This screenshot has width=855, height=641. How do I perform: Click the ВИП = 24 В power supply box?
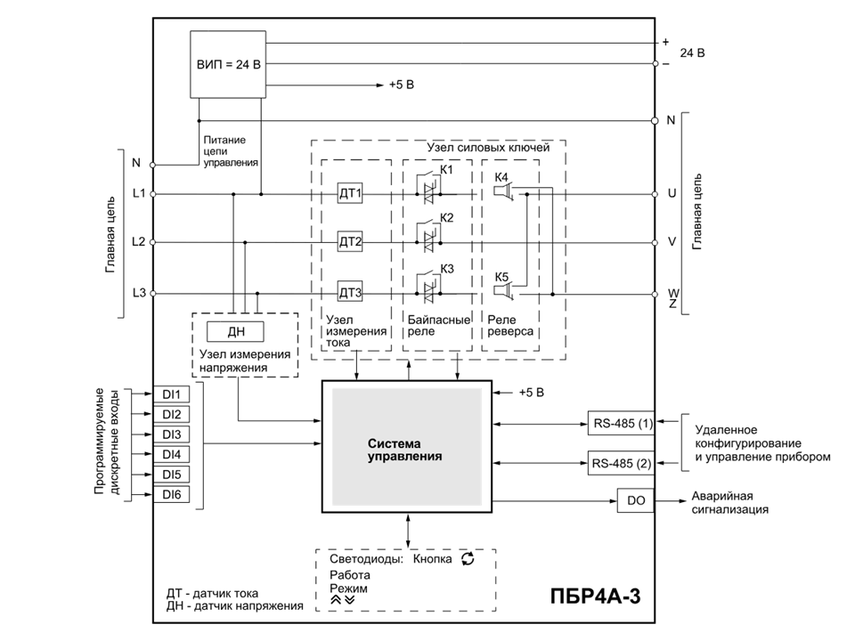click(x=228, y=64)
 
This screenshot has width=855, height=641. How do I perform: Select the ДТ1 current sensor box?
click(x=350, y=193)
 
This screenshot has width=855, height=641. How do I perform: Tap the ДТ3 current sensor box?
click(x=350, y=293)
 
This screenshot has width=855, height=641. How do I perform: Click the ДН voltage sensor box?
click(x=235, y=331)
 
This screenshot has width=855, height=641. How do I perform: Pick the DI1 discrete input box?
click(x=171, y=394)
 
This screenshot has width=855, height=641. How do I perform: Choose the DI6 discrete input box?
click(x=171, y=494)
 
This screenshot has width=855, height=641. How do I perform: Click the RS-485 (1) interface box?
click(x=621, y=423)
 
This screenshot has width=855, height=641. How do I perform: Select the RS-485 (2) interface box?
click(x=621, y=463)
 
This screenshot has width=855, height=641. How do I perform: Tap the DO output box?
click(x=636, y=500)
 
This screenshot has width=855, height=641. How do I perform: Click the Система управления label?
click(x=404, y=450)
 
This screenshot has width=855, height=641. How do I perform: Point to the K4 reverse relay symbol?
click(x=503, y=192)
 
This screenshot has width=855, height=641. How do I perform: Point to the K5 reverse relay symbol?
click(x=503, y=293)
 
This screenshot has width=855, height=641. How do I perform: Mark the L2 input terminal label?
click(x=139, y=241)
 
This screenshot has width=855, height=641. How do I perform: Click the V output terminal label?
click(x=672, y=241)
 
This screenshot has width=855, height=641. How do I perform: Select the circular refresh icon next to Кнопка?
click(x=468, y=558)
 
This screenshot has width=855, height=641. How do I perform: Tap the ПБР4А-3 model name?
click(x=595, y=596)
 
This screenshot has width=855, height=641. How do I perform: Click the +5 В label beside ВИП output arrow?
click(x=402, y=85)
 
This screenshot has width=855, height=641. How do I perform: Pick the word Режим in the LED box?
click(x=348, y=588)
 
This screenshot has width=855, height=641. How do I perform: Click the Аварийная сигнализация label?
click(x=730, y=502)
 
